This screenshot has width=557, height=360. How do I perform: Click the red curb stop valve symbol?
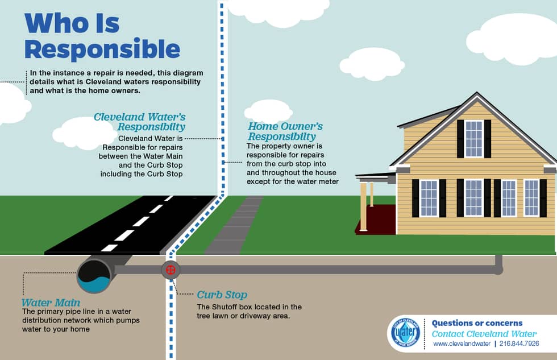[x=171, y=270]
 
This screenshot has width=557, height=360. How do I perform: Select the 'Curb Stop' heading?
[x=222, y=295]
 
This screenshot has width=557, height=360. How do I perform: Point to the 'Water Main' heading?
[x=51, y=303]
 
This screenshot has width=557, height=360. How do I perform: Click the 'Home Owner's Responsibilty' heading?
[x=285, y=131]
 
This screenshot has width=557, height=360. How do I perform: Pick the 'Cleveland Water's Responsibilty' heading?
[x=140, y=122]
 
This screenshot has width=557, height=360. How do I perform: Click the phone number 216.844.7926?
[x=519, y=344]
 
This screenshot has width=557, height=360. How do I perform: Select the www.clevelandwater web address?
[x=462, y=344]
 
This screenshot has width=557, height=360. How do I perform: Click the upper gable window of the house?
[x=474, y=139]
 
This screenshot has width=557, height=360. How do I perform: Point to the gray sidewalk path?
[x=234, y=225]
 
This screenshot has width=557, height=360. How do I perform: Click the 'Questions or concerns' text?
[x=477, y=323]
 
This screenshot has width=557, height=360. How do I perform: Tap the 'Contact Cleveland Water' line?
[x=484, y=334]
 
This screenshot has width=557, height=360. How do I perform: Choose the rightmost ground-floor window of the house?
[x=531, y=198]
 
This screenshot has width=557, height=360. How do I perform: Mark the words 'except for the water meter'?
[x=293, y=181]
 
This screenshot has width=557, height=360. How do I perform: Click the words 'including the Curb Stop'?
[x=142, y=174]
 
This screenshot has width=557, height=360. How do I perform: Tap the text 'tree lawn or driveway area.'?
[x=243, y=316]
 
